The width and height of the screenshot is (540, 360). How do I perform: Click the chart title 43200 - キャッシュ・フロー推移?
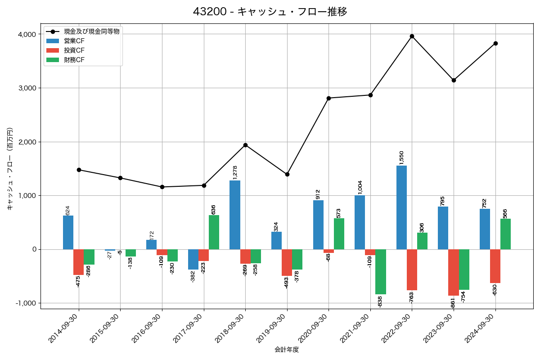click(270, 12)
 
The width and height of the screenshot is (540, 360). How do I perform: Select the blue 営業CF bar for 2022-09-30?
click(401, 207)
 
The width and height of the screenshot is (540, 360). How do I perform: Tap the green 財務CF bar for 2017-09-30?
click(214, 232)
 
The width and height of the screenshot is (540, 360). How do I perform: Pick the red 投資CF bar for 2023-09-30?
click(454, 272)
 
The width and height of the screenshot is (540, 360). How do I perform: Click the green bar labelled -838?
click(381, 272)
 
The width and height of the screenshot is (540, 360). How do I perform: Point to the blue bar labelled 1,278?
click(235, 215)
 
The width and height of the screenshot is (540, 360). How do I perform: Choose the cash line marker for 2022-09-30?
click(412, 36)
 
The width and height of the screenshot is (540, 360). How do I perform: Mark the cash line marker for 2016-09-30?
click(162, 187)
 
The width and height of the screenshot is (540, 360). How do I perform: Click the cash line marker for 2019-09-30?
click(287, 174)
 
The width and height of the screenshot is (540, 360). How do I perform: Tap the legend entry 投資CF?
click(74, 50)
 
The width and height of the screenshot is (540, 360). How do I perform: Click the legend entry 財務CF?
click(74, 59)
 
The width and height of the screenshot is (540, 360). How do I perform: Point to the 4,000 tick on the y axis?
click(27, 35)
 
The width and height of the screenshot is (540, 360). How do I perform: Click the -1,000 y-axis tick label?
click(26, 303)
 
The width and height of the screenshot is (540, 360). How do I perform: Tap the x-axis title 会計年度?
click(287, 350)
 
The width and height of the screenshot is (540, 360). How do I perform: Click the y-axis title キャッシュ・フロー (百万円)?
click(10, 169)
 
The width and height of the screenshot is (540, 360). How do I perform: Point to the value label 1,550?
click(401, 157)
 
